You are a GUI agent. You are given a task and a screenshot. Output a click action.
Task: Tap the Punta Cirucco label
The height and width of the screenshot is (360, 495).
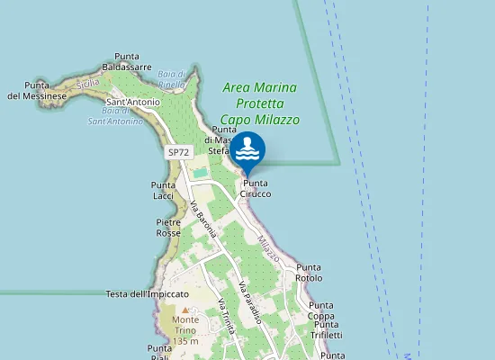[256, 189]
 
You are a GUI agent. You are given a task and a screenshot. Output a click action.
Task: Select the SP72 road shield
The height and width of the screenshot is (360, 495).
[178, 154]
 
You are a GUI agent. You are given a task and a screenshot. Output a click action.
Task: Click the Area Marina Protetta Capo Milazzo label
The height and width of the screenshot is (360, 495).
[260, 103]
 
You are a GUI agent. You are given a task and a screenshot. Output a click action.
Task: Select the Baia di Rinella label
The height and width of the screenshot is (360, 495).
[171, 79]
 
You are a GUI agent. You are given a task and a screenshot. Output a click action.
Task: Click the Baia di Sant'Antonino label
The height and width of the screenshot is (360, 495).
[115, 116]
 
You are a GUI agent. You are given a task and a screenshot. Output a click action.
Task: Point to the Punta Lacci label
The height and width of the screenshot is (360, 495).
[163, 190]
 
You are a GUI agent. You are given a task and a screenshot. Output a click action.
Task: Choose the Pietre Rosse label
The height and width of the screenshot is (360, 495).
[168, 227]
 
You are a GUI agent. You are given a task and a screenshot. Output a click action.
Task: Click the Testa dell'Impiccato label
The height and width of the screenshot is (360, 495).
[147, 294]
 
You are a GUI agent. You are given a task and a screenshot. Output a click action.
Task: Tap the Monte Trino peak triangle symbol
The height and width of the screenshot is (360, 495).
[185, 310]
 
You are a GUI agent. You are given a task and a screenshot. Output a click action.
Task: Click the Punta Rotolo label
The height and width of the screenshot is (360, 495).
[309, 273]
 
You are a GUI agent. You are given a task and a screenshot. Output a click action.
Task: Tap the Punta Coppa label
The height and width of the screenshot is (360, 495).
[321, 310]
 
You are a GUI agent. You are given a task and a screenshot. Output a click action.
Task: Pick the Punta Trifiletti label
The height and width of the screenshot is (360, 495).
[327, 329]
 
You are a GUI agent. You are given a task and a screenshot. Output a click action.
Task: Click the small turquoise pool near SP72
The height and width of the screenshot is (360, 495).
[199, 172]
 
